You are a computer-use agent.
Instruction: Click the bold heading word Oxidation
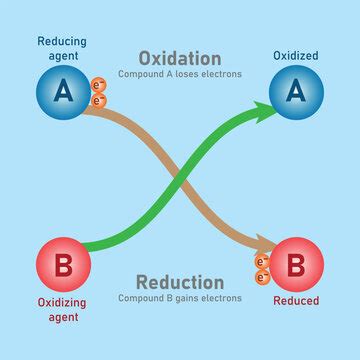click(179, 58)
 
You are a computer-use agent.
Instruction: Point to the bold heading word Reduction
click(179, 282)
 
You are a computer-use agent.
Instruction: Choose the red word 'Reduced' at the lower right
click(297, 301)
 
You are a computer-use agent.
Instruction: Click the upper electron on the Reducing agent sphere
click(98, 85)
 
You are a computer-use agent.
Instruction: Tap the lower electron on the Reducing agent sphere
click(98, 100)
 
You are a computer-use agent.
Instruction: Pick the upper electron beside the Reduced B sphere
click(263, 262)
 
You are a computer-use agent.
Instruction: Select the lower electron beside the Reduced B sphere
click(262, 277)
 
